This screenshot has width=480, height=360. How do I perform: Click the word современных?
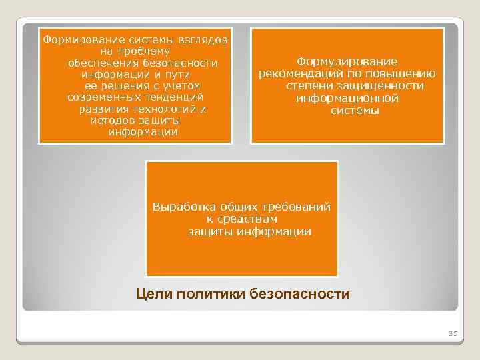pyautogui.click(x=100, y=98)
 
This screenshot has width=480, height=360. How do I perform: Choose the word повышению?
pyautogui.click(x=407, y=73)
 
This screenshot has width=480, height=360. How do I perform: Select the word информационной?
pyautogui.click(x=347, y=99)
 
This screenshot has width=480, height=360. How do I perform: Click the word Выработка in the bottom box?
pyautogui.click(x=179, y=207)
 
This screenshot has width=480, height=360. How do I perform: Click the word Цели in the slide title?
pyautogui.click(x=153, y=294)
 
